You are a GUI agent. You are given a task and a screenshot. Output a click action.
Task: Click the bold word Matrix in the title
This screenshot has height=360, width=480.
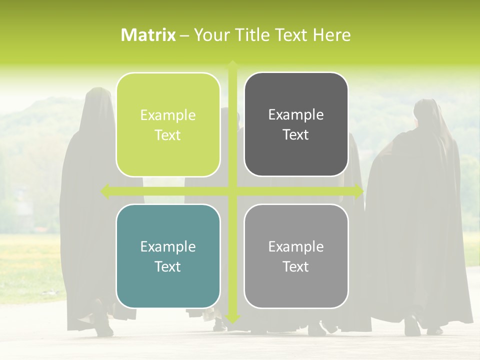pos(148,35)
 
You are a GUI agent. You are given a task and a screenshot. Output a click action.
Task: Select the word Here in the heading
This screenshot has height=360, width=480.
pos(332,35)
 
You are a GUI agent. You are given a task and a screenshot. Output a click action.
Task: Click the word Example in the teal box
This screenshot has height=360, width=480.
pos(168,246)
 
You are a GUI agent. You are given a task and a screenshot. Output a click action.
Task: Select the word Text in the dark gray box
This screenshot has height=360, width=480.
pos(296,135)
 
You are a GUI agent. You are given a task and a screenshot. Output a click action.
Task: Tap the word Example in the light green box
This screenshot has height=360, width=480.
pos(168,115)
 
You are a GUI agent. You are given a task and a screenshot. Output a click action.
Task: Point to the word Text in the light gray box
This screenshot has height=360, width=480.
pos(296,266)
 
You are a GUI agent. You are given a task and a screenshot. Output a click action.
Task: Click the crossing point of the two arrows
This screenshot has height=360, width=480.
pos(232,191)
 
